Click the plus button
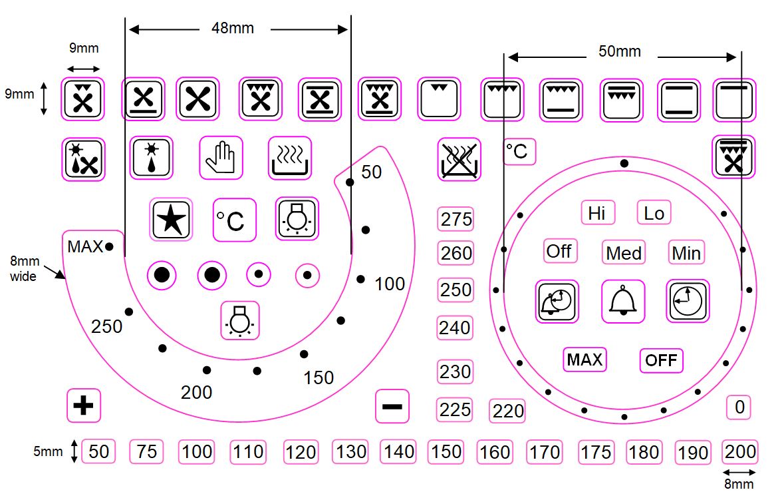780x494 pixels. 84,405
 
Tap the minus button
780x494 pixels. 392,406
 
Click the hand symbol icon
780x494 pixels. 221,158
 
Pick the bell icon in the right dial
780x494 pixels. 623,302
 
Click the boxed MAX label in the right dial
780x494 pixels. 585,360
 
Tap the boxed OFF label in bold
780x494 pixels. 661,360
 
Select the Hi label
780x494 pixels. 596,213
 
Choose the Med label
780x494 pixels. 624,253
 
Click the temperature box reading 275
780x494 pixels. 456,219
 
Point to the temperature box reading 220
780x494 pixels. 508,411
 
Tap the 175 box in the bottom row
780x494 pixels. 595,452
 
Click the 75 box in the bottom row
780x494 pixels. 146,452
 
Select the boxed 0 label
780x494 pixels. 739,407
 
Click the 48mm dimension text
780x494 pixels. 233,29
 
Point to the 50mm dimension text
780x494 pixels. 620,51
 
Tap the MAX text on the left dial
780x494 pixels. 85,247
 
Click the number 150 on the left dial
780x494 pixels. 319,378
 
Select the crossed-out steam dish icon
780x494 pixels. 459,160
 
